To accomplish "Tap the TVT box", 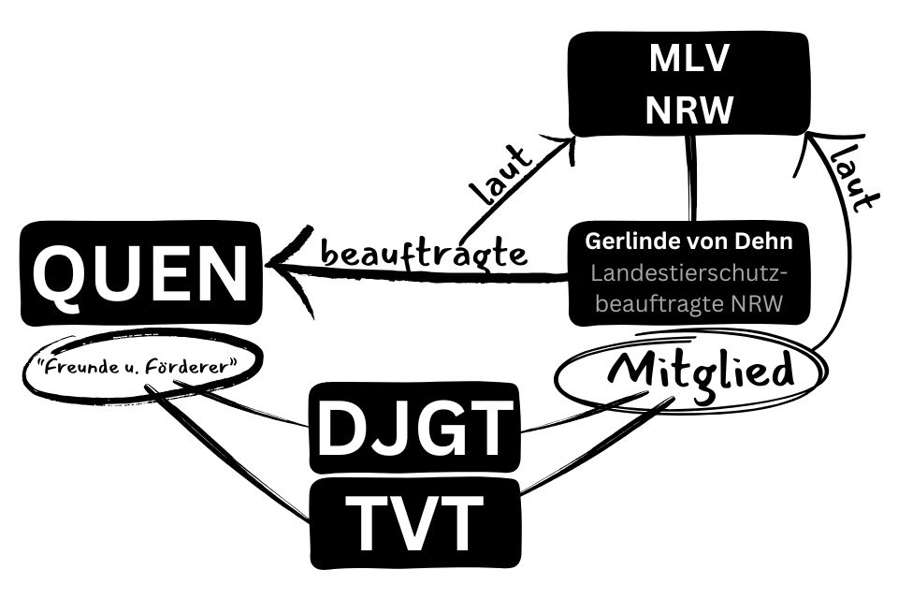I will point(413,522).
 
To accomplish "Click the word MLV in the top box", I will point(690,61).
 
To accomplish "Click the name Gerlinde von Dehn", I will point(689,241).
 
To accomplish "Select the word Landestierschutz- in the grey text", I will point(689,272).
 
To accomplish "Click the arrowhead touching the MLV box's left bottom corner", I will point(562,141).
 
